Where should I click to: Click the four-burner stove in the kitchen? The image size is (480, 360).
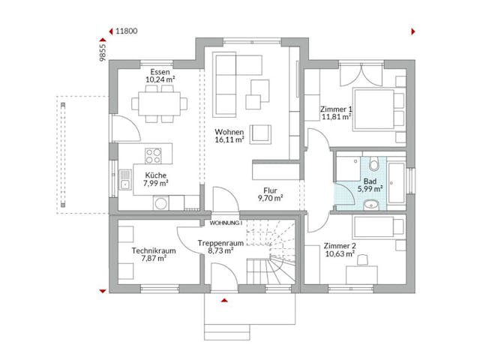[153, 156]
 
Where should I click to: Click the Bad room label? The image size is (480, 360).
[370, 181]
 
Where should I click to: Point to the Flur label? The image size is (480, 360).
[269, 190]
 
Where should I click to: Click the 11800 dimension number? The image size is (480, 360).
[127, 32]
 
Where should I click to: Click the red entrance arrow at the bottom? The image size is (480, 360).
[223, 300]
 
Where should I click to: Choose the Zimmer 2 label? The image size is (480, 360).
[339, 246]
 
